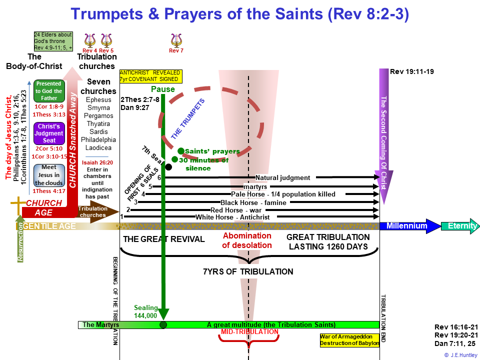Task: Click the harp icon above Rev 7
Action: [176, 40]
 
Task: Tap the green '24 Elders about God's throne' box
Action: [53, 41]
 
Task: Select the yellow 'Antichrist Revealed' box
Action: [151, 76]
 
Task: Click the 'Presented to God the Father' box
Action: [49, 91]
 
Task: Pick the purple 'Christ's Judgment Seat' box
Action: [49, 133]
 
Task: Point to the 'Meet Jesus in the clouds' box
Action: [49, 175]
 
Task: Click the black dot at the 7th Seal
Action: [168, 167]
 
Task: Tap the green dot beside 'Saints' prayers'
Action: [181, 151]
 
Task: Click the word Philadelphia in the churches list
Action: [98, 139]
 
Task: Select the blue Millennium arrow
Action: [410, 226]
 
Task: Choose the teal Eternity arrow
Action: [460, 226]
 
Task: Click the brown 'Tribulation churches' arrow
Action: [98, 211]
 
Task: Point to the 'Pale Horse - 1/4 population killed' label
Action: [283, 194]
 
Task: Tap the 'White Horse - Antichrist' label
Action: [232, 217]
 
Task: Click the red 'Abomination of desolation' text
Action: [247, 240]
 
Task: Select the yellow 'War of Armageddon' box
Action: [349, 340]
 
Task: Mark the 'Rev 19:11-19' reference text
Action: [411, 71]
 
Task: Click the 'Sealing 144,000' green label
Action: [145, 311]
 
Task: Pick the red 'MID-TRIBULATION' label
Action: [249, 332]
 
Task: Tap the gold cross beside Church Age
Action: [18, 205]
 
